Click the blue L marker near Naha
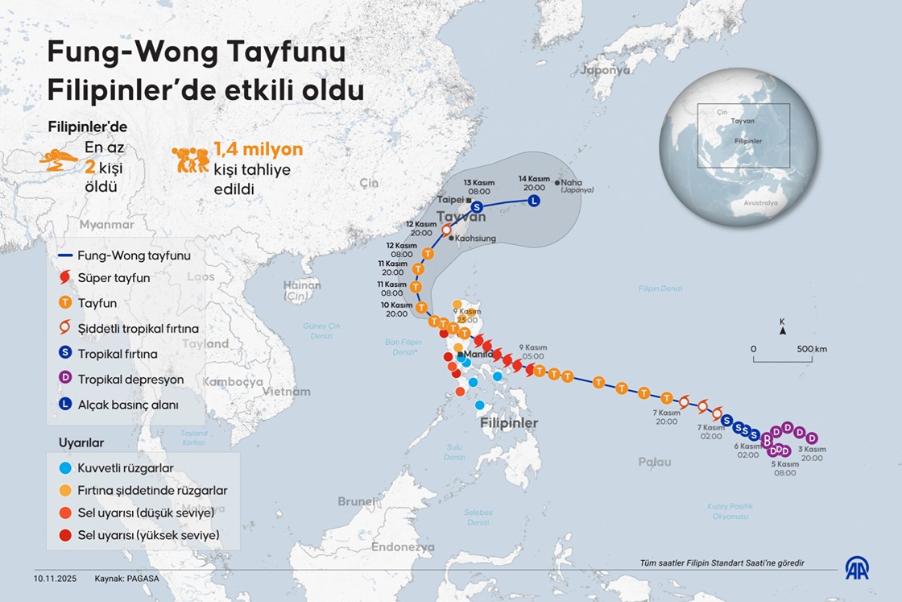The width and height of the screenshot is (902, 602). pos(534,201)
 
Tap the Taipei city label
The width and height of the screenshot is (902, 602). pos(450,198)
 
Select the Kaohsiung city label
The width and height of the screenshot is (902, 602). pos(475,239)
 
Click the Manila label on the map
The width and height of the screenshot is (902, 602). pos(478,354)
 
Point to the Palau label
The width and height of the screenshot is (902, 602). pos(654,462)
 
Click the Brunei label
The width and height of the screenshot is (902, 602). pos(356,501)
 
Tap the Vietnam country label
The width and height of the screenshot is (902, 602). pos(286,392)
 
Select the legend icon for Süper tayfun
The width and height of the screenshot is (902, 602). pos(66,278)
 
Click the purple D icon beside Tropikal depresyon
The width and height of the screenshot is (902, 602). pos(66,379)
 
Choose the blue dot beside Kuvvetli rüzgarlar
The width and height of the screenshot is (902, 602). pos(66,467)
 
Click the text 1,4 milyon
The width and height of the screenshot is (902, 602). pos(258,149)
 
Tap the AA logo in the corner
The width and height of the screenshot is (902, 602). pos(856,568)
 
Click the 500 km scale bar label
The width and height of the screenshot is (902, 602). pos(810,349)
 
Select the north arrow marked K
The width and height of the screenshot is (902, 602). pos(782,326)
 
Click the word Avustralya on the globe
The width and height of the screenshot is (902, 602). pos(761,203)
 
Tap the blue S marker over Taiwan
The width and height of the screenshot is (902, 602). pos(477,208)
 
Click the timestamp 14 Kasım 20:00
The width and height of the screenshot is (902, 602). pos(534,182)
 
